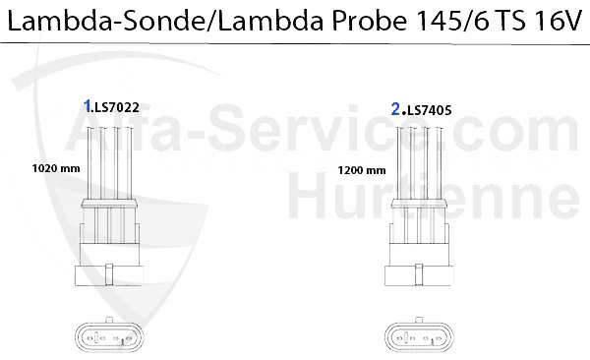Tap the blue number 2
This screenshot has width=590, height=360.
coord(395,110)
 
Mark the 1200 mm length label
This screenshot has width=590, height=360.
coord(356,168)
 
